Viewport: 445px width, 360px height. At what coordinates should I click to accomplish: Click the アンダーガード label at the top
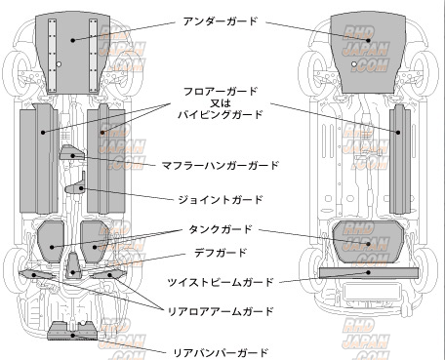coord(221,21)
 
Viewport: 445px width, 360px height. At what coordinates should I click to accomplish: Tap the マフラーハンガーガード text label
coord(221,165)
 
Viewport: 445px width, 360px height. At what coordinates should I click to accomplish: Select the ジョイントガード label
coord(221,199)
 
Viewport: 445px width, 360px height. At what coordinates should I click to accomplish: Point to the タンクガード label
coord(221,229)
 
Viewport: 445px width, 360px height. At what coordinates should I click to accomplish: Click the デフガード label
coord(221,253)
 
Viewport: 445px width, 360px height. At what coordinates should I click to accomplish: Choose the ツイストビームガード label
coord(221,282)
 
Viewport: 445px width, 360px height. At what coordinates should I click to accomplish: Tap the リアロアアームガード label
coord(221,311)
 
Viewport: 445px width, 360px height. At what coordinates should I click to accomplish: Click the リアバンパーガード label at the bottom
coord(221,352)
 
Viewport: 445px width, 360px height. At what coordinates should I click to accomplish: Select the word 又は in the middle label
coord(221,103)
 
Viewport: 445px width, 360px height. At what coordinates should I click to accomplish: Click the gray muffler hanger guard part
coord(71,152)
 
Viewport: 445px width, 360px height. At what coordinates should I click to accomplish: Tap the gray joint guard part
coord(76,185)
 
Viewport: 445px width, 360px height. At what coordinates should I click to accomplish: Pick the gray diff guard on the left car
coord(74,266)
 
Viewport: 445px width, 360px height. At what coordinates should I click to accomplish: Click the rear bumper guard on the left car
coord(72,331)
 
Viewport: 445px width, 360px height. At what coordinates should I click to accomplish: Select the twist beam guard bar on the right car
coord(369,273)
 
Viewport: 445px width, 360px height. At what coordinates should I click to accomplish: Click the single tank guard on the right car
coord(368,241)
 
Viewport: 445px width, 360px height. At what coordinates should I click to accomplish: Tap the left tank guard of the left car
coord(51,241)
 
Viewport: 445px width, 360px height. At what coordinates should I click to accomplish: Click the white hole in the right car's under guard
coord(354,64)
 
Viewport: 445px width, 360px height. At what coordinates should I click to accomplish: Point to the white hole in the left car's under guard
coord(59,64)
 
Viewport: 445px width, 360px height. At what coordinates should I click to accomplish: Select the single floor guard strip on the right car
coord(400,159)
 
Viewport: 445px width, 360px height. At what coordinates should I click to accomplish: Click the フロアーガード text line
coord(221,92)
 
